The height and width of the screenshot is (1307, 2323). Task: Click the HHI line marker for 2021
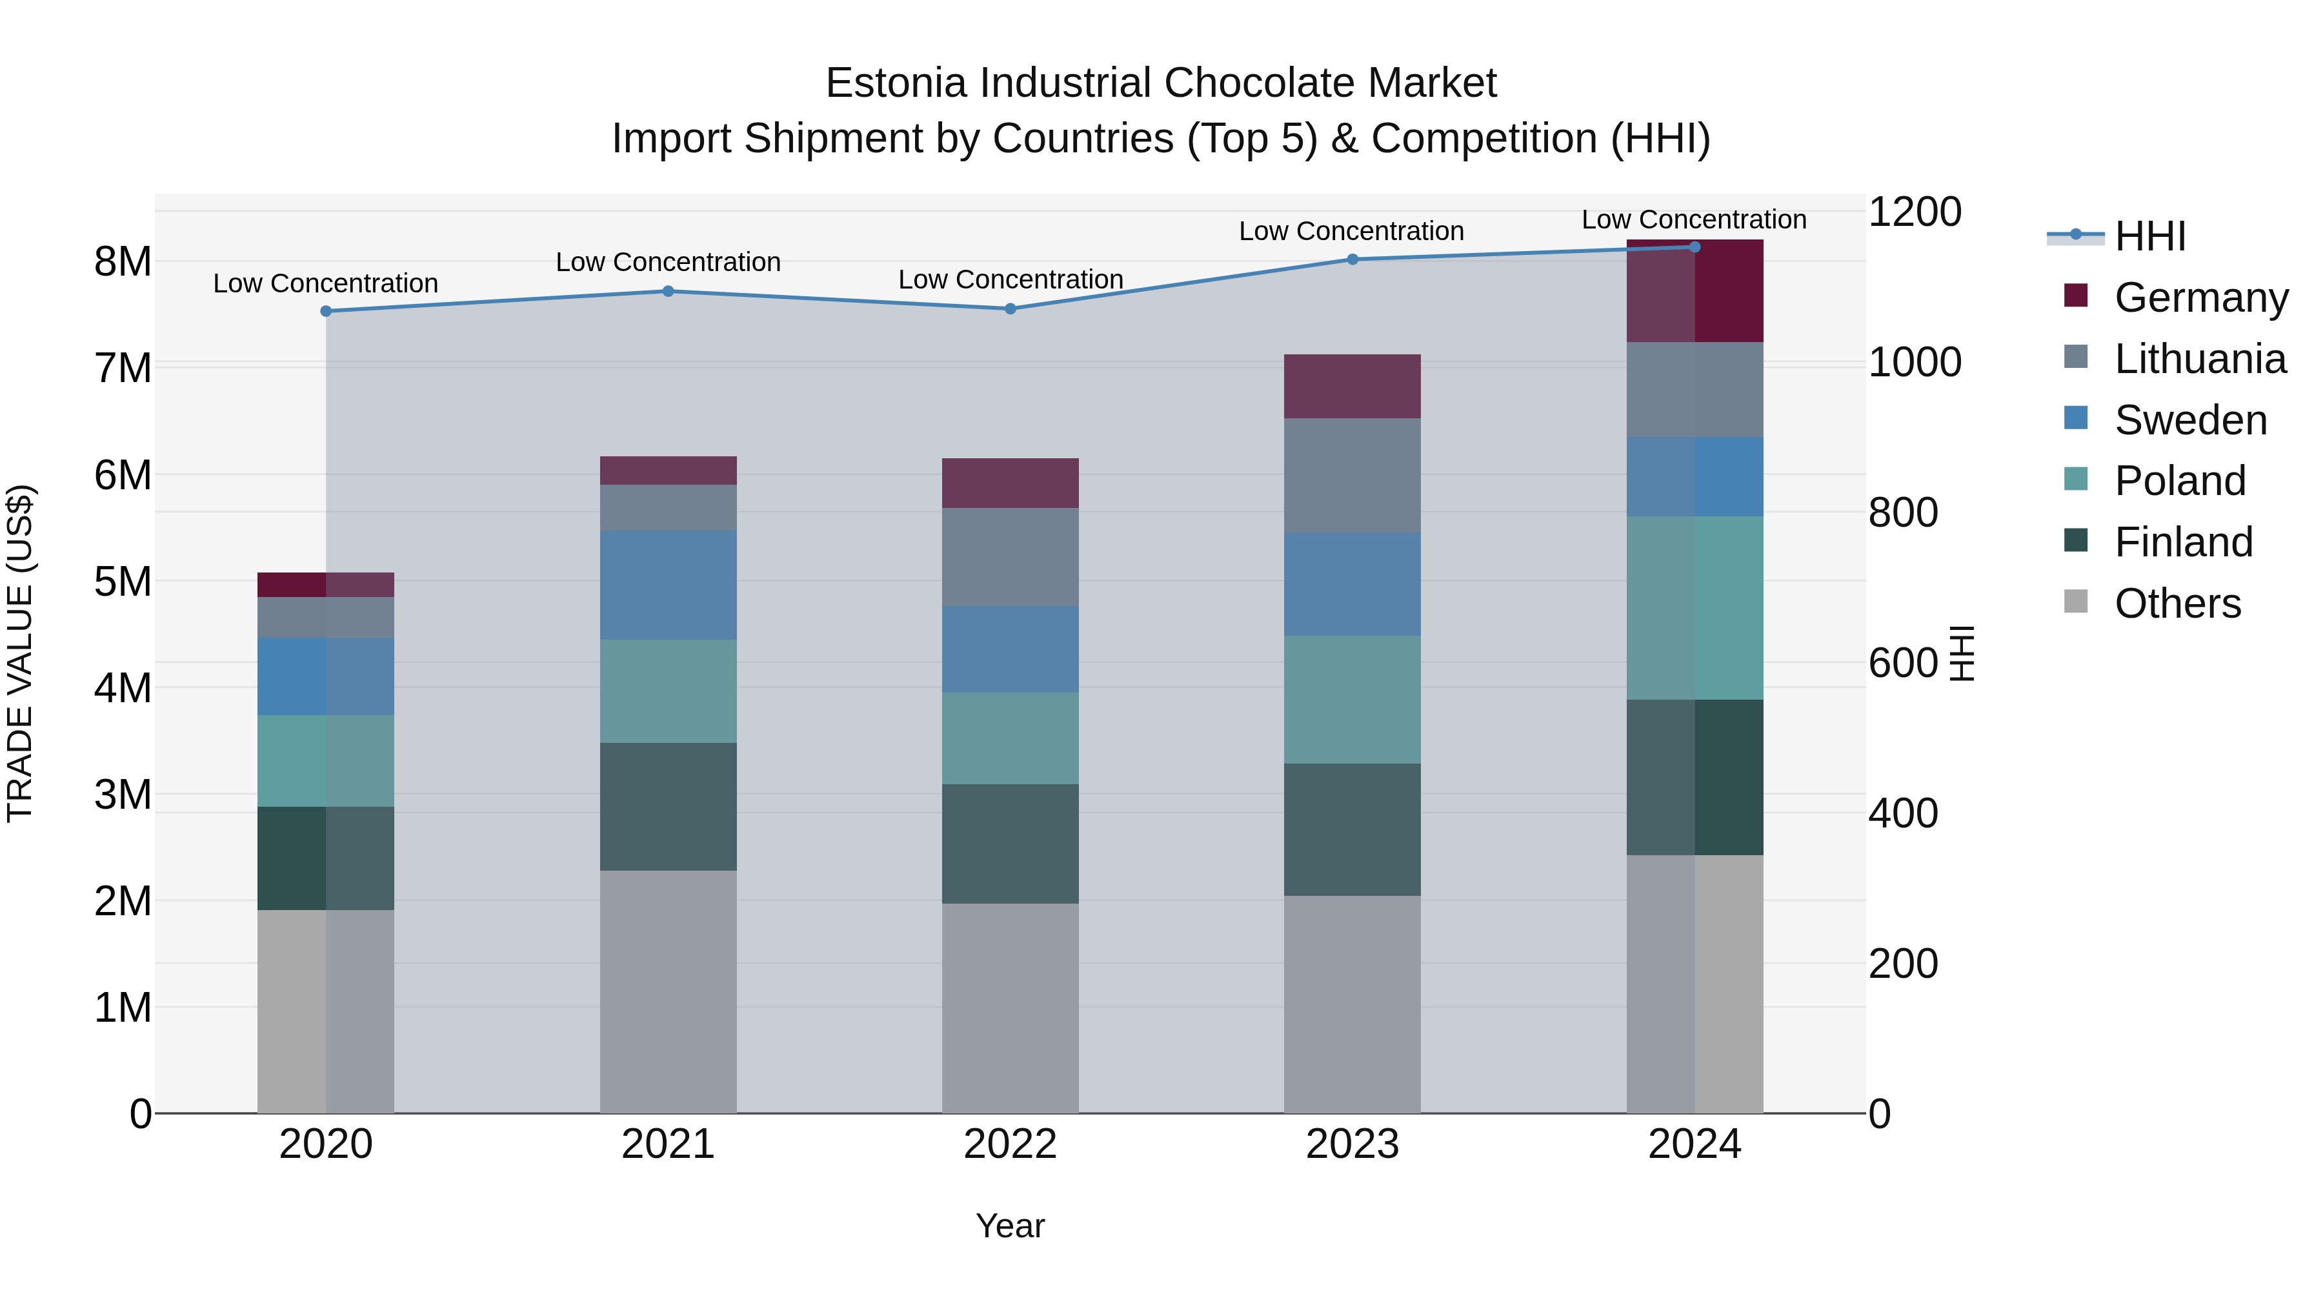(669, 291)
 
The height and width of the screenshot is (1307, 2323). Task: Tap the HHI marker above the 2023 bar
(1352, 259)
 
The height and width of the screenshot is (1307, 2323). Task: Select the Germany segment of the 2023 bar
(1352, 386)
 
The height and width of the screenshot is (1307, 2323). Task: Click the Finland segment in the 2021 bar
(669, 806)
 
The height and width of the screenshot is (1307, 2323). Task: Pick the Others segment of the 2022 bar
(1010, 1008)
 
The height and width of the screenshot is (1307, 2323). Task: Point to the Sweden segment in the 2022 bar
(1010, 649)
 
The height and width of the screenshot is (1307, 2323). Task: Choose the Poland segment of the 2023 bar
(1352, 699)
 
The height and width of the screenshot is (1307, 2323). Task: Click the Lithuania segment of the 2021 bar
(669, 508)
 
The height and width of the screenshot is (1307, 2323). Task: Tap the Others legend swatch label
(2177, 603)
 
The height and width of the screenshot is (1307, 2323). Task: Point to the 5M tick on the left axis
(123, 582)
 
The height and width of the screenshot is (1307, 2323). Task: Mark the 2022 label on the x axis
(1010, 1144)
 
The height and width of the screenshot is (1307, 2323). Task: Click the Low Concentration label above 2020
(326, 283)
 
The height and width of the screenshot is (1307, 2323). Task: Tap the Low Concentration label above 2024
(1694, 219)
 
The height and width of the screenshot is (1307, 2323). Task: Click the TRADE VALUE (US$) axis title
(20, 653)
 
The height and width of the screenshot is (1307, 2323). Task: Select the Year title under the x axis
(1010, 1226)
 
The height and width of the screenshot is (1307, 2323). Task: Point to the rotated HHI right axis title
(1962, 653)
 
